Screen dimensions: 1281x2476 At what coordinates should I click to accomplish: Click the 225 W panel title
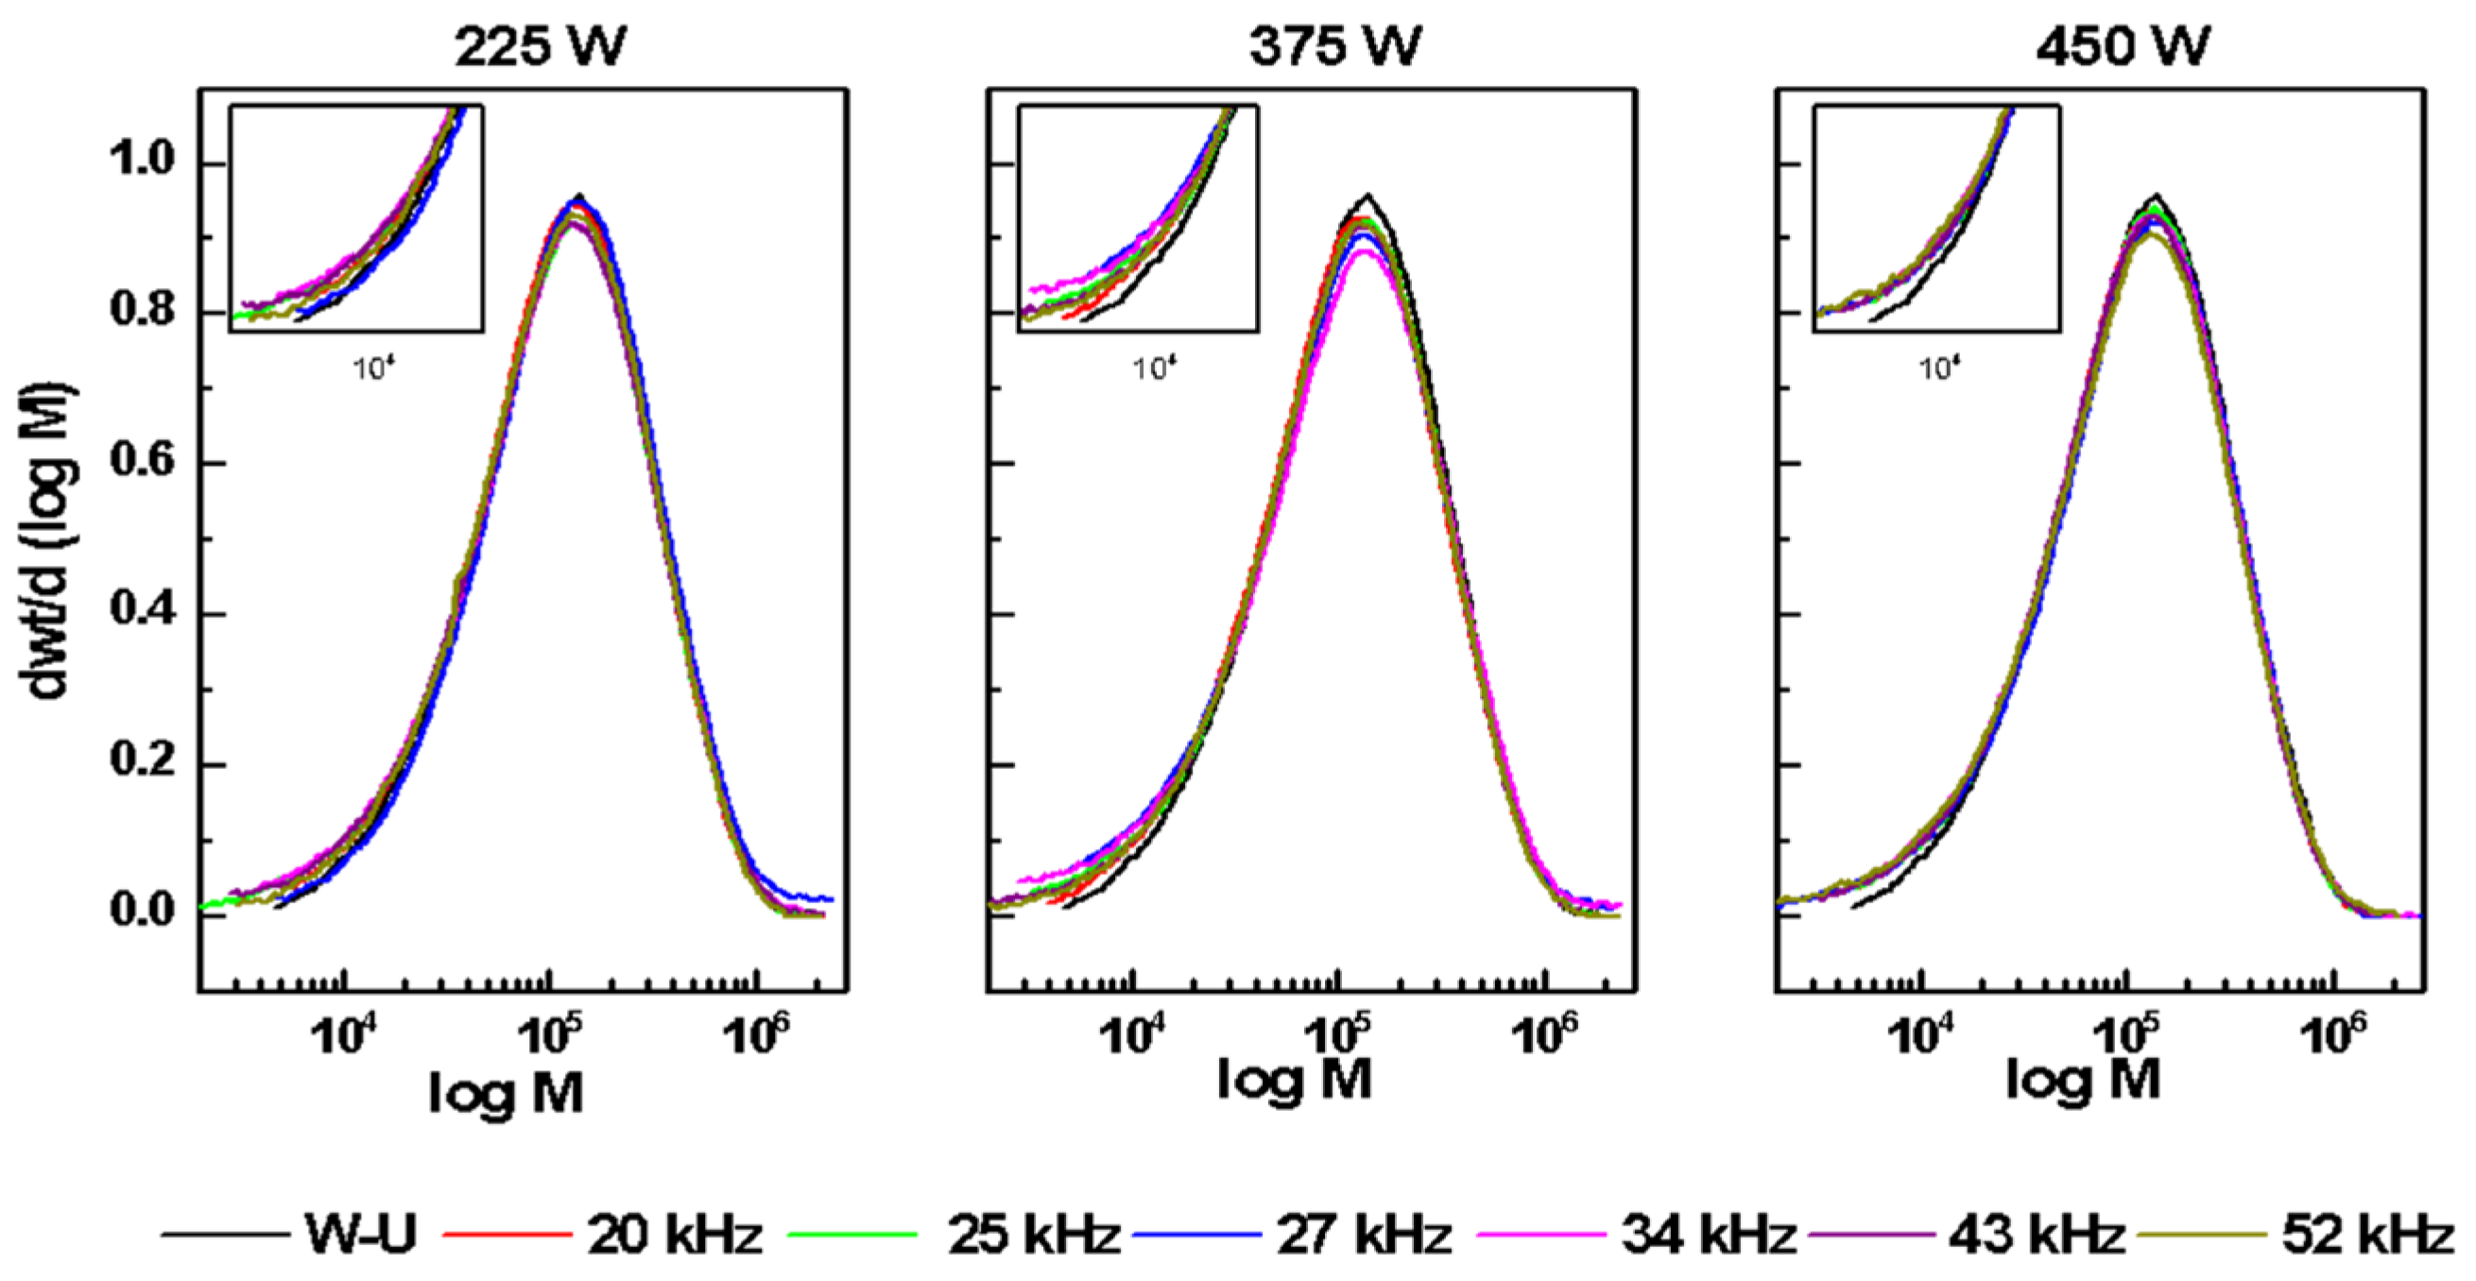540,46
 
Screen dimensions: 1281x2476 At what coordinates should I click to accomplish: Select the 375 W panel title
1334,46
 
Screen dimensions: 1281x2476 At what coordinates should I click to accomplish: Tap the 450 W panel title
2123,46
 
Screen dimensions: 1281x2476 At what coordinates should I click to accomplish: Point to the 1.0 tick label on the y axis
143,160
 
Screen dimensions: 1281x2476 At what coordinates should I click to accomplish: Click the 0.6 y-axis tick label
143,460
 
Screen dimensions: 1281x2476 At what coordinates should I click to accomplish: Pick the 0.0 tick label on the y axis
143,910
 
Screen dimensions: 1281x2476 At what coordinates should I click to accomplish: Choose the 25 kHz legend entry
1033,1233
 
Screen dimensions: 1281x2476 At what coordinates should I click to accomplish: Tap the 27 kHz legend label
1364,1233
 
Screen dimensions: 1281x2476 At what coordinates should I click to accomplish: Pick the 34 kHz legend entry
1709,1233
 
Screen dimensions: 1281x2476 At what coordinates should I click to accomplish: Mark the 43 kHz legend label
2037,1233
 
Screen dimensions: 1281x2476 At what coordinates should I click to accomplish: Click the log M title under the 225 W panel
507,1094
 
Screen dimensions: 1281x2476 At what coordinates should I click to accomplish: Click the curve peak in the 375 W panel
1366,197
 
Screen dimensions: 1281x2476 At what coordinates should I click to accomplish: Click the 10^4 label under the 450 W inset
1938,367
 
